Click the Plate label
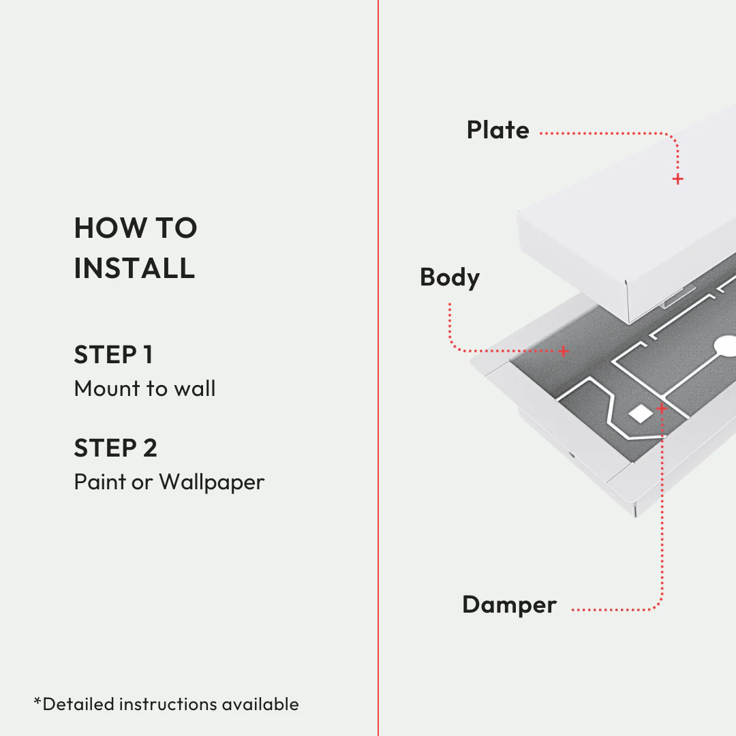[497, 130]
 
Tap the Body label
[450, 277]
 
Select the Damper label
[509, 605]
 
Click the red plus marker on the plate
[677, 179]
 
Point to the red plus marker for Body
[564, 351]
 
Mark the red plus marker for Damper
[661, 408]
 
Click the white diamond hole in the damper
[640, 413]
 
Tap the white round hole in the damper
[726, 346]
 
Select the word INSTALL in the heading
[134, 268]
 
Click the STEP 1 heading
[113, 355]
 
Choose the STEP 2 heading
[115, 448]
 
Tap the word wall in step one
[194, 389]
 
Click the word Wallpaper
[212, 482]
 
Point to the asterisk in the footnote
[37, 701]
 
